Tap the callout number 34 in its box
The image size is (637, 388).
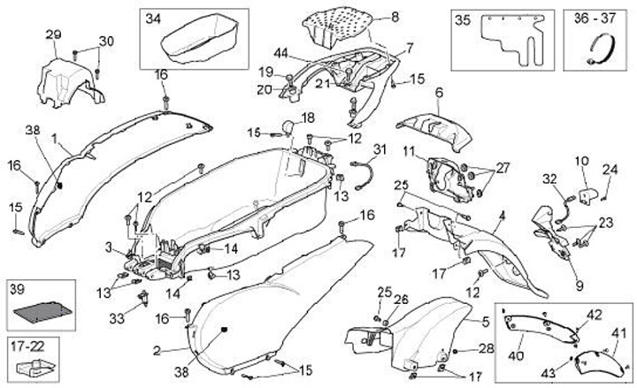point(154,19)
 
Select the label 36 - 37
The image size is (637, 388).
point(591,18)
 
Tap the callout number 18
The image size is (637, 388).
point(307,118)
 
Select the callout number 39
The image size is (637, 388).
point(17,290)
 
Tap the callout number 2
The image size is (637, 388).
point(157,351)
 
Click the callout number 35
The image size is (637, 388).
point(463,19)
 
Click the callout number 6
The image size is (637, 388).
point(438,92)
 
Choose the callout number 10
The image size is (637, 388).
point(581,161)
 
